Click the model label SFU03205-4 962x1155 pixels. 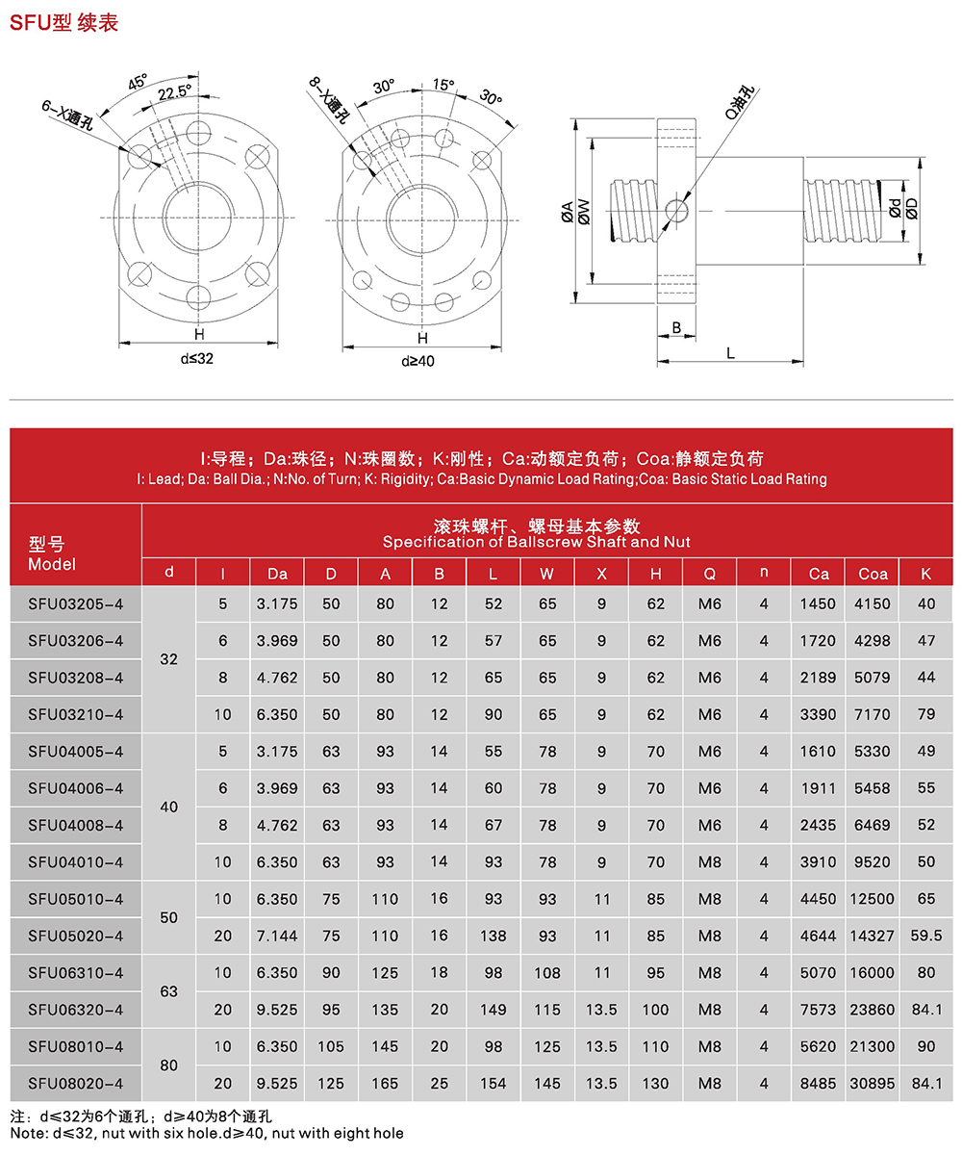(x=76, y=603)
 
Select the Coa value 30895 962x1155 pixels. (x=873, y=1083)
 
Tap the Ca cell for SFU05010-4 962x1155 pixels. (x=819, y=898)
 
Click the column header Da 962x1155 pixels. (x=277, y=574)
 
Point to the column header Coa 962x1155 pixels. (x=873, y=574)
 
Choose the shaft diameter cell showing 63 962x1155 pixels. (x=169, y=990)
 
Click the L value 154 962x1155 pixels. (x=493, y=1083)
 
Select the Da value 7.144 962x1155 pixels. (x=277, y=935)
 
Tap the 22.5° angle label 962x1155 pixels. (x=174, y=91)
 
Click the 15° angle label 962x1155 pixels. (x=443, y=85)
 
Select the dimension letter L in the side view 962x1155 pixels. (x=731, y=354)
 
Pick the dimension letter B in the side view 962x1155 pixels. (x=676, y=328)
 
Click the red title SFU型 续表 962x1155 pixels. (x=63, y=22)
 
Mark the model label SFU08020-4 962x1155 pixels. (x=76, y=1083)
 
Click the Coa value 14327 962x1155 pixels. (x=873, y=935)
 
